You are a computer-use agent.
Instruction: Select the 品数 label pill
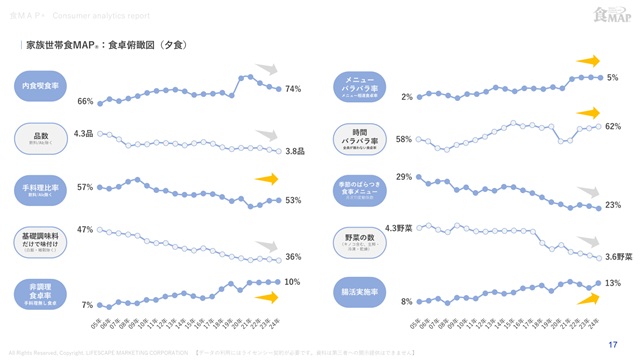point(42,137)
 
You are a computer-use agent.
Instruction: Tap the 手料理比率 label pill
point(42,188)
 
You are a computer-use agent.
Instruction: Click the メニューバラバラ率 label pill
point(360,85)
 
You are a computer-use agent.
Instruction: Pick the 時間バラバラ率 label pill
point(360,137)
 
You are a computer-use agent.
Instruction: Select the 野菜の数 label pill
point(360,241)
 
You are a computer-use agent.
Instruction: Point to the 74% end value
point(293,89)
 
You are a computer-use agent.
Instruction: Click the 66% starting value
point(85,102)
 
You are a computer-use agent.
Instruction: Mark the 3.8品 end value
point(294,151)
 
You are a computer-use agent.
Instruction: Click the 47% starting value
point(85,229)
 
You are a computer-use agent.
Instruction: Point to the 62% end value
point(613,126)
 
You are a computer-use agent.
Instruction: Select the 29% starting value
point(404,177)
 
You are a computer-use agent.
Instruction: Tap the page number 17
point(611,342)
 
